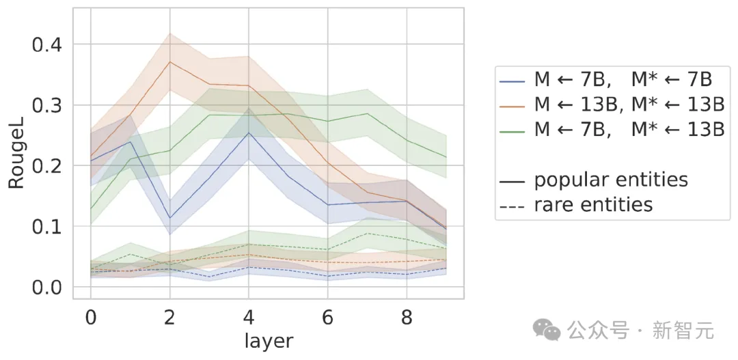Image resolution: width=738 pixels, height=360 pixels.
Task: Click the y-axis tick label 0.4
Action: (49, 45)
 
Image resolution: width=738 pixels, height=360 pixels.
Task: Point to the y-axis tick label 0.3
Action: (49, 106)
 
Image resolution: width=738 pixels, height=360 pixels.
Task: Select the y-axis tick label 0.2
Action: (49, 166)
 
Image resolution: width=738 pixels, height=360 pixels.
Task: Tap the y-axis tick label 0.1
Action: (49, 227)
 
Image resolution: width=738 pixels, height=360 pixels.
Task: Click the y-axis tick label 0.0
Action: (49, 287)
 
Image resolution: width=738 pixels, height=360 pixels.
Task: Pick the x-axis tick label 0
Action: (90, 318)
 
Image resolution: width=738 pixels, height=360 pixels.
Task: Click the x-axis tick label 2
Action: (169, 318)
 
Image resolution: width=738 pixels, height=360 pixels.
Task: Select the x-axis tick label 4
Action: (249, 318)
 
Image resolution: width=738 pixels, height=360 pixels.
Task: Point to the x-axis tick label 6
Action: (328, 318)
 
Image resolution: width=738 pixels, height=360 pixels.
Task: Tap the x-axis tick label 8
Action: (407, 318)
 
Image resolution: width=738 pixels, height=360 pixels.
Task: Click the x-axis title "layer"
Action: (269, 341)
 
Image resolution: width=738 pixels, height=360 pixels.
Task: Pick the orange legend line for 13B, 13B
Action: (514, 106)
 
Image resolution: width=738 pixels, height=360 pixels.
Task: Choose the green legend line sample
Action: (514, 130)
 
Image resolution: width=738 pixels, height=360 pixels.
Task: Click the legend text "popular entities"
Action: (610, 180)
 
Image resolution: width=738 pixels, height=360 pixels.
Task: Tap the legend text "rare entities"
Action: (592, 204)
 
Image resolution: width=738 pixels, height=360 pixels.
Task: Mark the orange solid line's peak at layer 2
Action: (169, 62)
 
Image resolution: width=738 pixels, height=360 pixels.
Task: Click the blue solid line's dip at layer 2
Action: (169, 218)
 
